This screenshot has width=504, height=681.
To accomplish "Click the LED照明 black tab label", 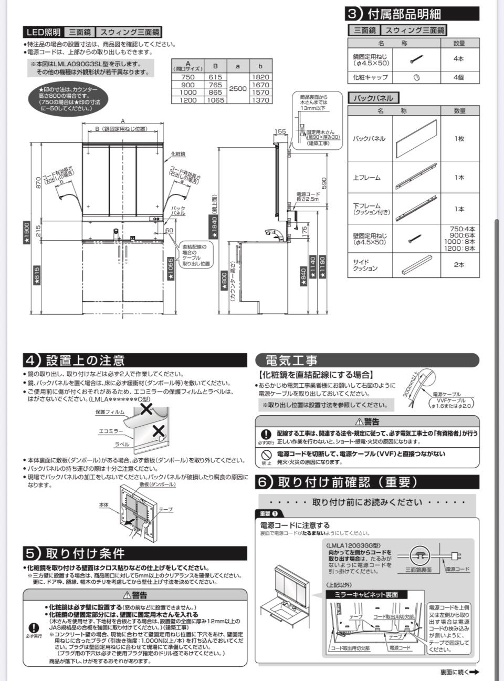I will tap(44, 32).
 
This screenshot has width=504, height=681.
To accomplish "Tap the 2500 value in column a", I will tap(237, 88).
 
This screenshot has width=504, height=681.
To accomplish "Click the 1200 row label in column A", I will tap(187, 100).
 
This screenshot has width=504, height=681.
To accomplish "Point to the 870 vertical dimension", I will tap(38, 182).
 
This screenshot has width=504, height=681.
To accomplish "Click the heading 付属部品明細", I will tap(412, 14).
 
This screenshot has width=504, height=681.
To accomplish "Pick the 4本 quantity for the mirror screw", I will tap(459, 59).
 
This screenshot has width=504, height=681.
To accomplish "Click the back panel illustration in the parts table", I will tap(417, 138).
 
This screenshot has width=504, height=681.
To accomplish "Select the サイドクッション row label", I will tap(365, 265).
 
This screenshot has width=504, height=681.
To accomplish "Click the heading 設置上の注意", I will tap(85, 360).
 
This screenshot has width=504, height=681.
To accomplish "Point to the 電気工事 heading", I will tap(291, 360).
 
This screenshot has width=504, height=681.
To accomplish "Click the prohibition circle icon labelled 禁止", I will tap(267, 454).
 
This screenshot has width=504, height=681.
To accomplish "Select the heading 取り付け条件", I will tap(85, 553).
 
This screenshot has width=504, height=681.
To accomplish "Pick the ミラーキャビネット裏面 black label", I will tap(370, 594).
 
